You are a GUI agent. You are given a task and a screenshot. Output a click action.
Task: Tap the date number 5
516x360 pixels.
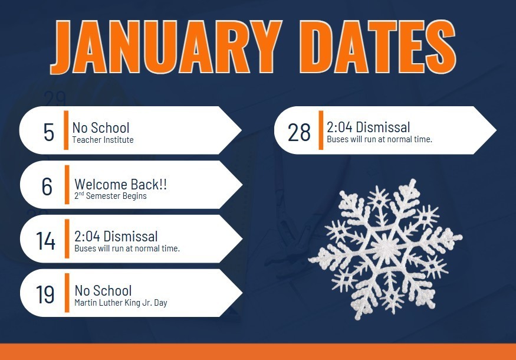[48, 132]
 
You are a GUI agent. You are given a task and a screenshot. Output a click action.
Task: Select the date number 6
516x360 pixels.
[47, 186]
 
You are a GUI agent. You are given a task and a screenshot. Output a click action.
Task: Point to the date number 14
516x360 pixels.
[45, 241]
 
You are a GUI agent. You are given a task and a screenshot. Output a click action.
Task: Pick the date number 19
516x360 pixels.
[45, 294]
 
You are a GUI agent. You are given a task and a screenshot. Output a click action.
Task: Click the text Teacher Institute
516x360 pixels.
[103, 140]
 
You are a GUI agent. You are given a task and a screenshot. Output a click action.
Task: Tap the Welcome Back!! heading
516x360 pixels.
[121, 184]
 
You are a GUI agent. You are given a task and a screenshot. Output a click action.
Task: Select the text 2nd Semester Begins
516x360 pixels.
[110, 196]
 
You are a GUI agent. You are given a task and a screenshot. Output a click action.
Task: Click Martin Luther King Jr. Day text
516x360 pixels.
[121, 303]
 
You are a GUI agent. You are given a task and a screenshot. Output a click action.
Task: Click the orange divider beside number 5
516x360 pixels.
[67, 130]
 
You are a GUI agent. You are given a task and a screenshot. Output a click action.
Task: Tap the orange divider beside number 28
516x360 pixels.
[321, 130]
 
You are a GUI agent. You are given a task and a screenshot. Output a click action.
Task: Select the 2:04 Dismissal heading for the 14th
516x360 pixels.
[116, 237]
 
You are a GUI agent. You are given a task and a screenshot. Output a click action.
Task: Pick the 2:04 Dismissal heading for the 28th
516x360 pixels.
[369, 127]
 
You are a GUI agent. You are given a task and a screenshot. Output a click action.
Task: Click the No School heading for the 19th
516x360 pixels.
[103, 290]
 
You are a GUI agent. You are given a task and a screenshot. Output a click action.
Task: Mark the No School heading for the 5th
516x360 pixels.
[101, 127]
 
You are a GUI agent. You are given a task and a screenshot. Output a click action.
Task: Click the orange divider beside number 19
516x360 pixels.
[67, 293]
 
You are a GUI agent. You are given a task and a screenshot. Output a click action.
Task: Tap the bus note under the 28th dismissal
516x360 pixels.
[380, 140]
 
